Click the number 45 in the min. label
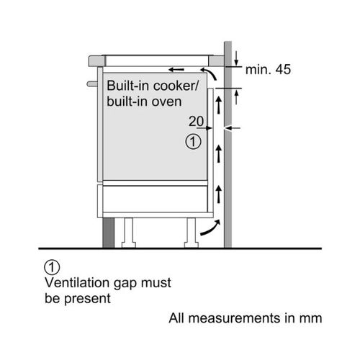click(x=283, y=69)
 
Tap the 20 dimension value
click(x=196, y=121)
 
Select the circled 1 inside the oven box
click(x=193, y=142)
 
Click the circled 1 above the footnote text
click(x=52, y=267)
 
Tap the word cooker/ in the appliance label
click(x=176, y=86)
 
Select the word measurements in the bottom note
click(x=235, y=318)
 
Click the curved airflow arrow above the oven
click(x=210, y=73)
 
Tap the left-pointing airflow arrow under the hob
click(x=176, y=70)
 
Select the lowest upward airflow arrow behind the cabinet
click(x=218, y=194)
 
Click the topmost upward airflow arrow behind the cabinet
click(x=218, y=105)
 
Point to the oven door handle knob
click(x=92, y=84)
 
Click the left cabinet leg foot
click(x=129, y=245)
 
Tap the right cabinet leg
click(x=192, y=233)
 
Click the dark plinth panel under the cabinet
click(x=108, y=233)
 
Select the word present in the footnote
click(x=87, y=299)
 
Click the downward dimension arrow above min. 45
click(x=236, y=58)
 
